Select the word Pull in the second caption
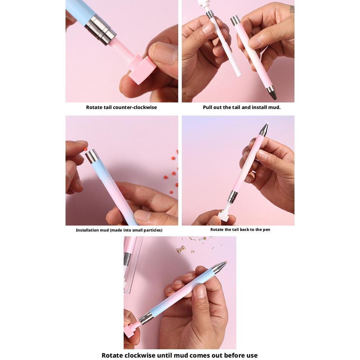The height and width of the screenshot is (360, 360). [x=208, y=107]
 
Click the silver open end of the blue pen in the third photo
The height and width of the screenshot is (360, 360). [x=93, y=156]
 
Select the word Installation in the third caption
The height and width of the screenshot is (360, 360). [x=88, y=230]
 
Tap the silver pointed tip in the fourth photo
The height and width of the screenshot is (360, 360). [x=264, y=129]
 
